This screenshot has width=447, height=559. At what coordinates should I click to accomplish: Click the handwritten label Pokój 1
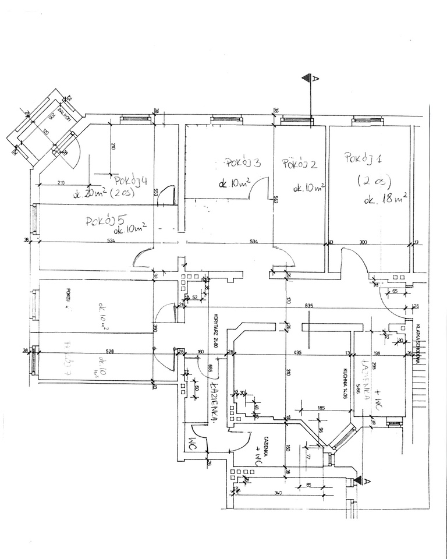pos(363,157)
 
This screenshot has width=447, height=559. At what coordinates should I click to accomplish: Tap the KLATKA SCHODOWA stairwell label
pos(418,344)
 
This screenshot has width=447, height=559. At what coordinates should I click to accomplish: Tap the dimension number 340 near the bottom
pos(278,494)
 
